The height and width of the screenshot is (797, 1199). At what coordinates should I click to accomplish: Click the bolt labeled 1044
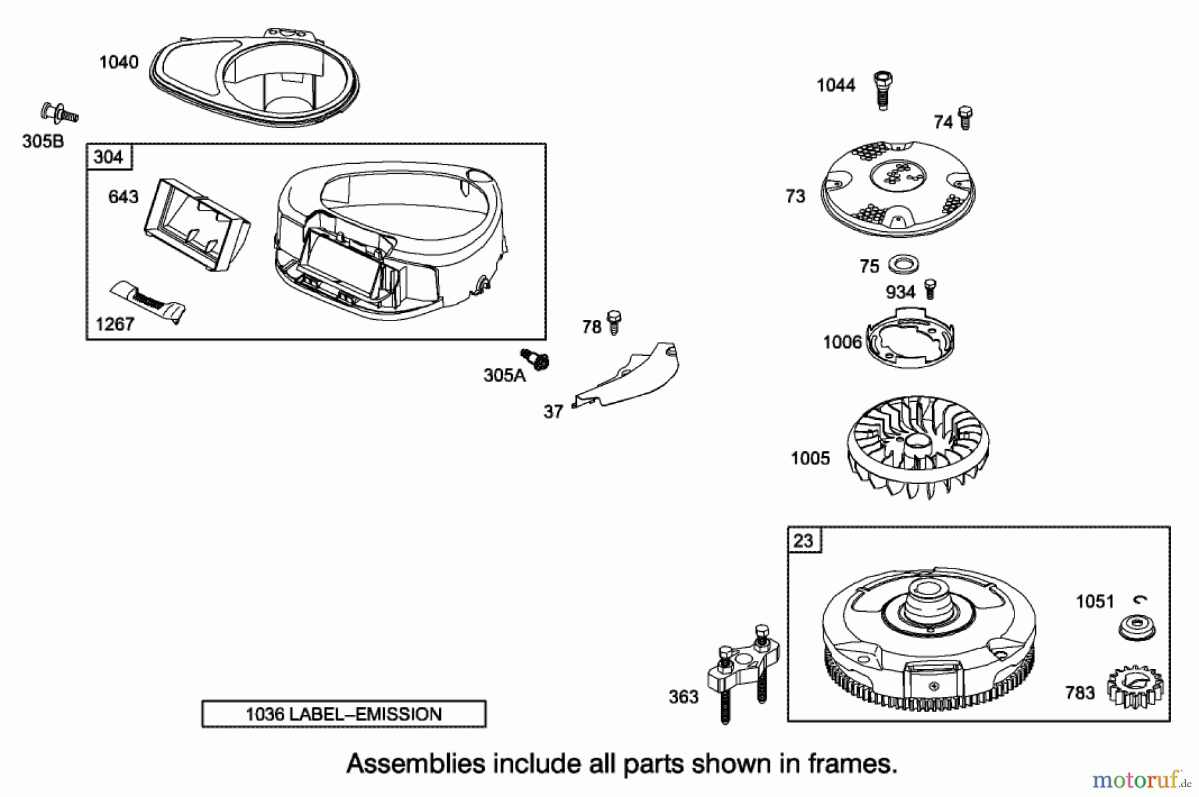pyautogui.click(x=882, y=91)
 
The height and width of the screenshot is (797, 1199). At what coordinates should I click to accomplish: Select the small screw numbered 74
pyautogui.click(x=965, y=118)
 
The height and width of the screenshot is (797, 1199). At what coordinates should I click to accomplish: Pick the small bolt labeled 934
pyautogui.click(x=931, y=289)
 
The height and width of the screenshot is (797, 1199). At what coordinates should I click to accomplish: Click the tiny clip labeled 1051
pyautogui.click(x=1143, y=599)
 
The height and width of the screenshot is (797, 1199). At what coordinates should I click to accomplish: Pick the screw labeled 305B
pyautogui.click(x=59, y=113)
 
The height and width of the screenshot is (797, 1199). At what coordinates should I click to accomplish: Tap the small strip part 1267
pyautogui.click(x=148, y=301)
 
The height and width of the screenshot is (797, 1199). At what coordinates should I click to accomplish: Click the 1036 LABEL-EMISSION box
pyautogui.click(x=344, y=714)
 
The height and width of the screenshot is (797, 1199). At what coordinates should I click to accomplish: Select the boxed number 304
pyautogui.click(x=109, y=157)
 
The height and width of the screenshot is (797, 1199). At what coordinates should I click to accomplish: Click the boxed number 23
pyautogui.click(x=804, y=540)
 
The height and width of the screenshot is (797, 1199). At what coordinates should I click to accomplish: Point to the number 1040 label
pyautogui.click(x=119, y=63)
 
